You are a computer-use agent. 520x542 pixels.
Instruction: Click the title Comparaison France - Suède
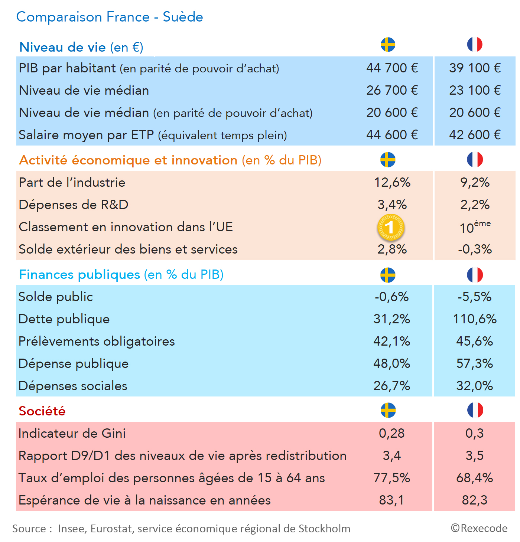[x=110, y=17]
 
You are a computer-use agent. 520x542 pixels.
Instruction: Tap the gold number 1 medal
[x=390, y=227]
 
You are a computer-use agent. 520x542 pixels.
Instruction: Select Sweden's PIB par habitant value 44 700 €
[x=392, y=68]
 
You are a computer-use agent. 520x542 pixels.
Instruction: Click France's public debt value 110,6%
[x=474, y=319]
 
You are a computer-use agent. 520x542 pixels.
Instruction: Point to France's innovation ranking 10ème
[x=474, y=227]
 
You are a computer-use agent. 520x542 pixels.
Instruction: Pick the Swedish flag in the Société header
[x=388, y=410]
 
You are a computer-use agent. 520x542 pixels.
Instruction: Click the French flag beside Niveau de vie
[x=475, y=45]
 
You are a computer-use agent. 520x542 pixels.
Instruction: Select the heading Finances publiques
[x=79, y=274]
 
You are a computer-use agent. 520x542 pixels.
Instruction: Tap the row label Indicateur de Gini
[x=72, y=433]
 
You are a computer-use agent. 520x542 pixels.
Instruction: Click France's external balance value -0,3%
[x=474, y=249]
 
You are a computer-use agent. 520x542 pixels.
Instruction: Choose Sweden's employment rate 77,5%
[x=391, y=478]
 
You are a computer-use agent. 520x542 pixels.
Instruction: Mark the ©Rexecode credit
[x=479, y=528]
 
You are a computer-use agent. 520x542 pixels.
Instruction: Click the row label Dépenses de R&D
[x=74, y=205]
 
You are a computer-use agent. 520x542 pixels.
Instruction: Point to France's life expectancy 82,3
[x=474, y=500]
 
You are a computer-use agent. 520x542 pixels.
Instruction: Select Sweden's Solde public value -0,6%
[x=391, y=297]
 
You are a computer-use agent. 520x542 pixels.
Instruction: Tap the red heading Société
[x=42, y=411]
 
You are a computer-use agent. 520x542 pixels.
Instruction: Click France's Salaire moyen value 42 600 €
[x=475, y=135]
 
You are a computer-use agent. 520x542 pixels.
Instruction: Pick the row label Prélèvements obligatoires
[x=97, y=341]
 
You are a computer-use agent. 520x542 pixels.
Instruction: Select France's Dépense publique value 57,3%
[x=474, y=363]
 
